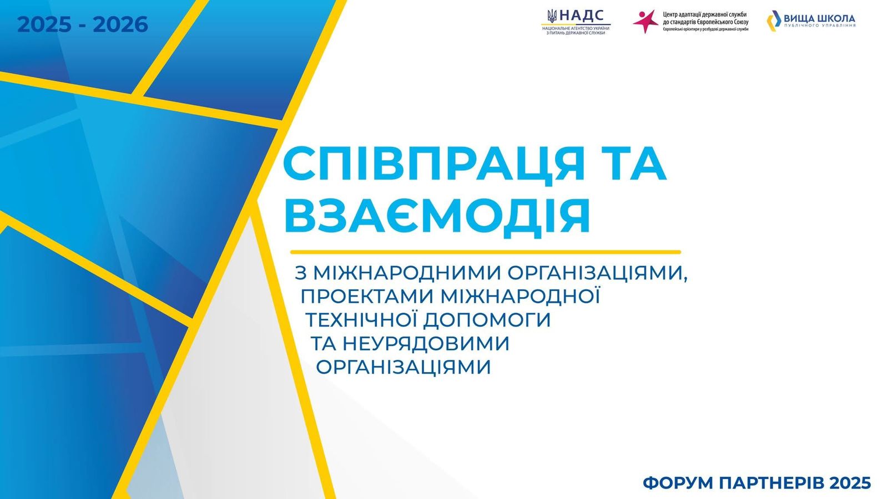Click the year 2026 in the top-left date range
120,24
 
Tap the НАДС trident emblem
552,16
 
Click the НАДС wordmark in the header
582,16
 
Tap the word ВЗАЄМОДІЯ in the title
437,216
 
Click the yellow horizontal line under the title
486,252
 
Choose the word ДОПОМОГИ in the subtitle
487,320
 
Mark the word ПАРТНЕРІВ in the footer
767,483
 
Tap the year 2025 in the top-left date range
45,24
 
